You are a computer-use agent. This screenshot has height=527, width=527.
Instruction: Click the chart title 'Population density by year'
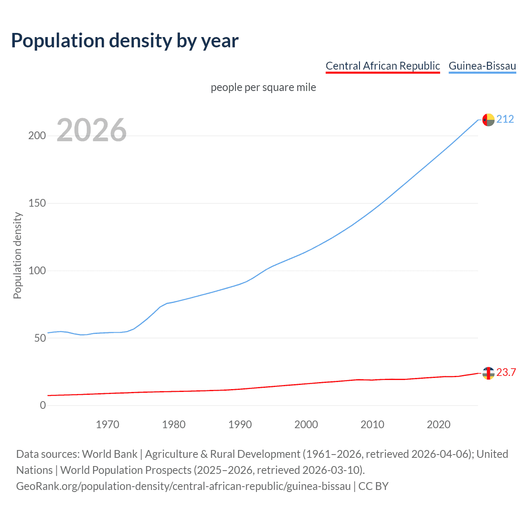point(125,40)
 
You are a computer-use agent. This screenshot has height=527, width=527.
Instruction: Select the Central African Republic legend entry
point(382,66)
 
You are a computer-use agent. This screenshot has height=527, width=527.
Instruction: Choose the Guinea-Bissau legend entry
point(482,66)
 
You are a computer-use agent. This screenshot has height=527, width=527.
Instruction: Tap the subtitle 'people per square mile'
point(263,87)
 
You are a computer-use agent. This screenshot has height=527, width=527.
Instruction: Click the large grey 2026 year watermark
point(91,130)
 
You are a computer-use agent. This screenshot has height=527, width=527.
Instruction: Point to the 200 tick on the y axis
point(37,136)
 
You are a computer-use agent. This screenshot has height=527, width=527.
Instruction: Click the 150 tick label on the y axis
point(37,203)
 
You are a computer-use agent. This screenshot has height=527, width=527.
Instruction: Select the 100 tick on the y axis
point(37,271)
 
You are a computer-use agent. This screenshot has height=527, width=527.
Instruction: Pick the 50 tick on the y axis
point(40,338)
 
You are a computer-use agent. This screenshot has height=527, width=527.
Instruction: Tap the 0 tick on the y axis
point(43,406)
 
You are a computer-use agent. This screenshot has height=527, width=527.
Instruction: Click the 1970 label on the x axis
point(107,424)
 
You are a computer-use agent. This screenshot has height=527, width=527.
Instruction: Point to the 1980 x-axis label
point(174,424)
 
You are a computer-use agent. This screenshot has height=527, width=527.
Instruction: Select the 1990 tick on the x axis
point(240,424)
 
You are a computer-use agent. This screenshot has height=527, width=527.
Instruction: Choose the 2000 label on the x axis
point(306,424)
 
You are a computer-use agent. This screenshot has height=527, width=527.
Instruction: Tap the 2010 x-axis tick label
point(372,424)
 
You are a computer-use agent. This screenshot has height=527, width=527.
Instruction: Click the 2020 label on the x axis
point(438,424)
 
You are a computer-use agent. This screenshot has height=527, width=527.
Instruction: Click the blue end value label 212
point(505,119)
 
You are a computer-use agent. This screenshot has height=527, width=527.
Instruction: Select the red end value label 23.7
point(506,373)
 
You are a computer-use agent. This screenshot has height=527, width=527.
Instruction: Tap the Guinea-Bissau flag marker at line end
point(488,120)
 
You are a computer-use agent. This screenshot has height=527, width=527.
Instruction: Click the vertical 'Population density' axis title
point(17,255)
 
